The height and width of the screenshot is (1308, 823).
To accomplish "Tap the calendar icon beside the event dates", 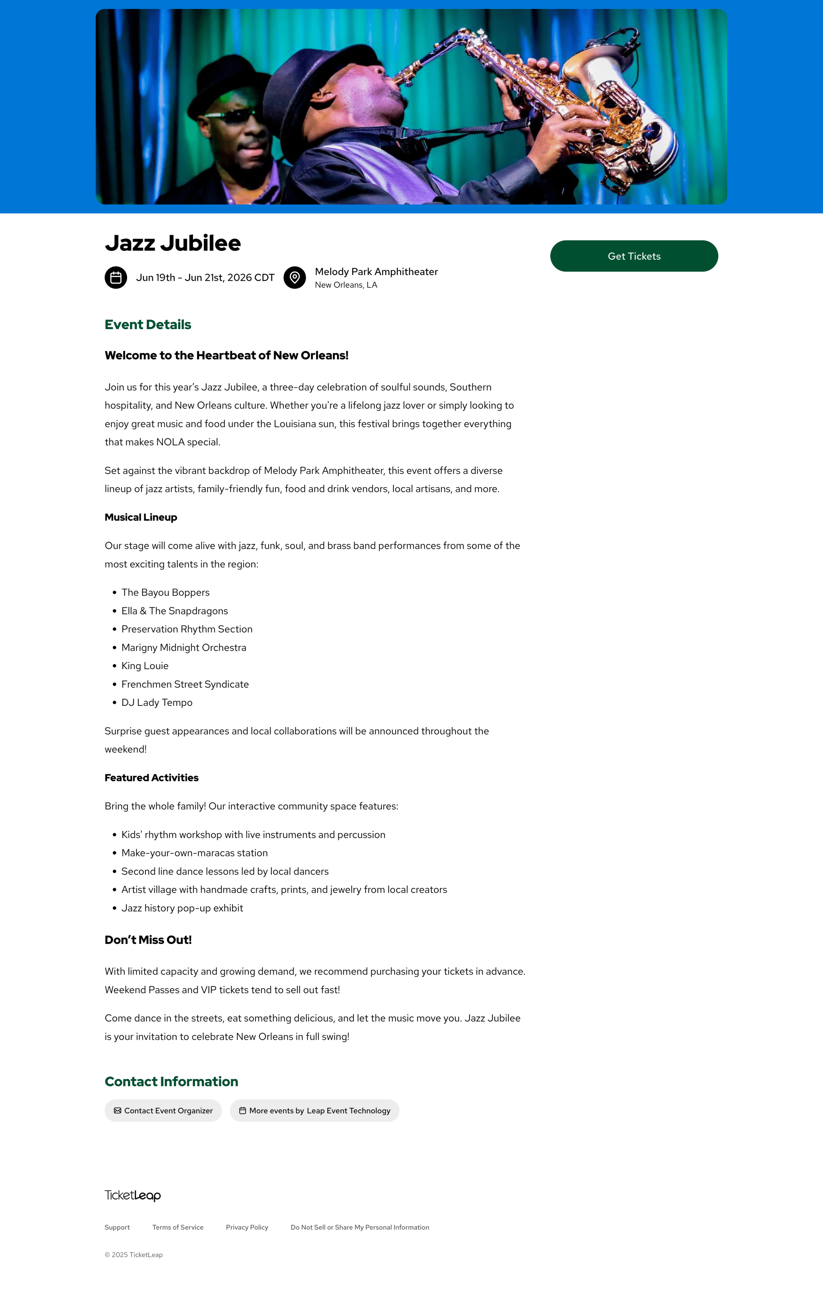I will click(116, 278).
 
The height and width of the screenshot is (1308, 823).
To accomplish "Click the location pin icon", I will click(294, 278).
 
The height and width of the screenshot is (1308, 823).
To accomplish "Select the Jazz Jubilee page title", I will click(173, 243).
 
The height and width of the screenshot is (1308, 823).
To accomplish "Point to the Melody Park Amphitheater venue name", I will click(376, 272).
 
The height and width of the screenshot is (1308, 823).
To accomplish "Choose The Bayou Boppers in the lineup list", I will click(165, 592).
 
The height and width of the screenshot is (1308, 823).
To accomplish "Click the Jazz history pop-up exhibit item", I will click(182, 908).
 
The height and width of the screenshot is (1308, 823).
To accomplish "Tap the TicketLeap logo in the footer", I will click(132, 1195).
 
